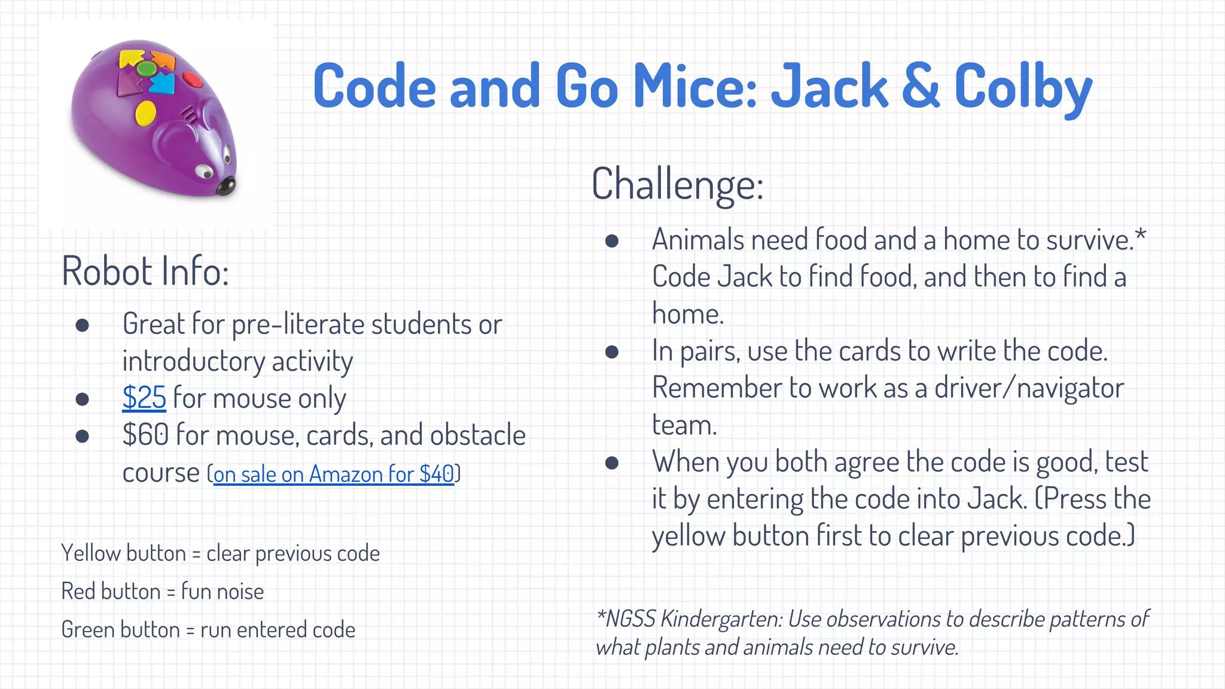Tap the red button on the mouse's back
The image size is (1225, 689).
[192, 79]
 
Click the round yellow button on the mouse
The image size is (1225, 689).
[145, 112]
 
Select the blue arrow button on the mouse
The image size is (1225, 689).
[161, 83]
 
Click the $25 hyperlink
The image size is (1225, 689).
[144, 398]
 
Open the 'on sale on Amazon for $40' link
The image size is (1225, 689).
[333, 474]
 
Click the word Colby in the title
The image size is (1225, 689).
[1023, 88]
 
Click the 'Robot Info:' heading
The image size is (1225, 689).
[145, 272]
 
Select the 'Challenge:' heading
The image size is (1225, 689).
[677, 184]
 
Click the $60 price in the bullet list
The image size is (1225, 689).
[145, 435]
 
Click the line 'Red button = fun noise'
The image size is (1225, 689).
[162, 592]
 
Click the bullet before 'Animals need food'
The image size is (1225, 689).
[611, 240]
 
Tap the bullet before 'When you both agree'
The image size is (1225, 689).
[611, 462]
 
